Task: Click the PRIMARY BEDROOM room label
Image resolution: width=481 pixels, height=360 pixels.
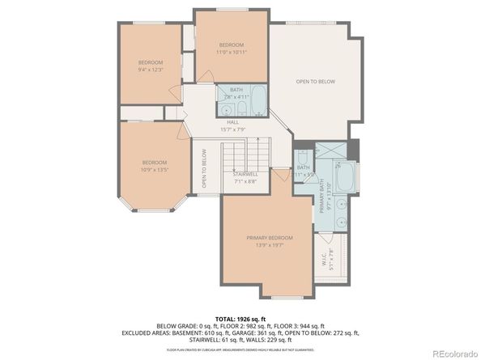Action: tap(270, 237)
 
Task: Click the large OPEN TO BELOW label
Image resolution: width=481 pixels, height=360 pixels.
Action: tap(315, 82)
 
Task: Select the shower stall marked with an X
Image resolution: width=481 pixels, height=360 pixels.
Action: tap(331, 150)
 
